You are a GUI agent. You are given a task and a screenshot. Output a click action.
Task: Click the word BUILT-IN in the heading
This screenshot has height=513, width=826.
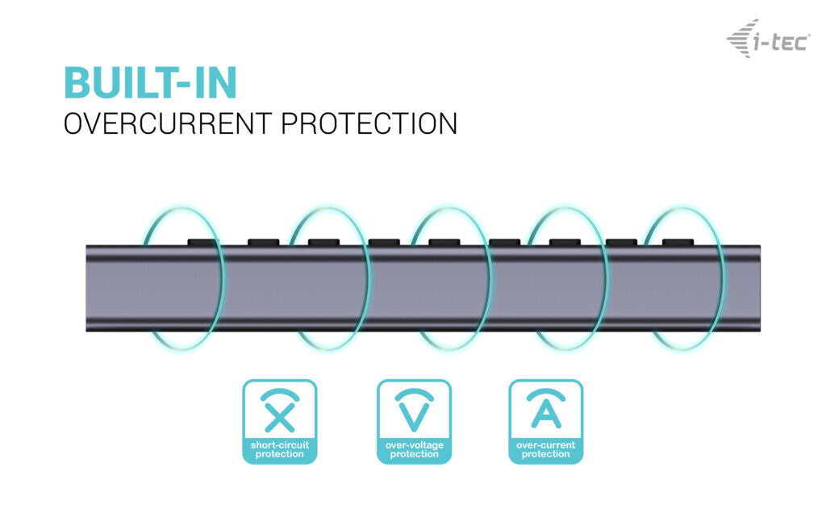pos(150,83)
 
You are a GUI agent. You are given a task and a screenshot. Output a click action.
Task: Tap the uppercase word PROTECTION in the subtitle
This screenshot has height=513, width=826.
pos(369,123)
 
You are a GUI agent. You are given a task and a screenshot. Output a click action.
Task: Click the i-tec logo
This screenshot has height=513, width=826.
pos(769,39)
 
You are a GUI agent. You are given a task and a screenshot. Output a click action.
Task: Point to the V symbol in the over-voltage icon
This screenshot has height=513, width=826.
pos(414,416)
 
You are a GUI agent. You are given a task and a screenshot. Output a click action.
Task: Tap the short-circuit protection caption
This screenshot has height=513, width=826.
pos(280,449)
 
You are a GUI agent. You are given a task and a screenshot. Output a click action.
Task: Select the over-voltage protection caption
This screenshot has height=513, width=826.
pos(414,449)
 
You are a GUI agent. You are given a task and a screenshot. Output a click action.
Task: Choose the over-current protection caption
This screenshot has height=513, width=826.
pos(546,449)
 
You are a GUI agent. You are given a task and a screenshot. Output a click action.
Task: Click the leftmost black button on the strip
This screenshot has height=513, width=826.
pos(203,242)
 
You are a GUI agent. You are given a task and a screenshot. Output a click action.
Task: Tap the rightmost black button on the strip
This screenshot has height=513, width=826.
pos(678,242)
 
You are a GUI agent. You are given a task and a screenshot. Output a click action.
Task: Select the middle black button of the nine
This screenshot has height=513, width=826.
pos(444,242)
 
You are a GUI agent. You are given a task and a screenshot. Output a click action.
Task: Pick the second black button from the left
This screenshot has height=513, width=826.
pos(264,242)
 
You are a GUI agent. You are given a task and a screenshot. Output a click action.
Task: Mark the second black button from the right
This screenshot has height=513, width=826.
pos(622,242)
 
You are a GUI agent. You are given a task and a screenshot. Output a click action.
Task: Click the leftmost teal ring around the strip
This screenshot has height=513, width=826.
pos(182,278)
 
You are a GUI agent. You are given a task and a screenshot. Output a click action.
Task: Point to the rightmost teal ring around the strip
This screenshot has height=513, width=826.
pos(684,278)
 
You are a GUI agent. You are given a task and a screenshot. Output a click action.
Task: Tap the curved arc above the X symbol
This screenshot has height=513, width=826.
pos(280,394)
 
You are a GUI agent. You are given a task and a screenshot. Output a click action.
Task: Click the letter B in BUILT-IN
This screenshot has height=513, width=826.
pos(77,83)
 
